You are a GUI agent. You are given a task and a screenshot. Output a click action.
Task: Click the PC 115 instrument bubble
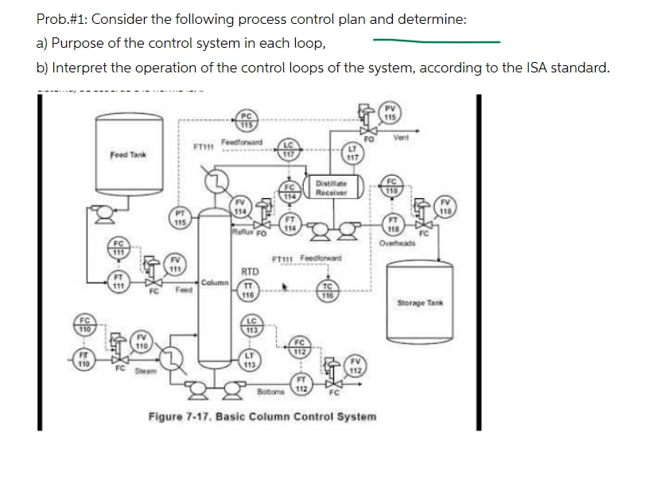tap(247, 120)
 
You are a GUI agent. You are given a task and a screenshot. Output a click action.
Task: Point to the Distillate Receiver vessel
tap(328, 188)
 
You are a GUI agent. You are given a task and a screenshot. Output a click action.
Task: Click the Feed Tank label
tap(128, 154)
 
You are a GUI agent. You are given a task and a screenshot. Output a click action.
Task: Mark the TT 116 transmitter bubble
tap(247, 290)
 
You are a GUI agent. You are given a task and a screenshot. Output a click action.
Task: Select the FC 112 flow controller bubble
tap(299, 348)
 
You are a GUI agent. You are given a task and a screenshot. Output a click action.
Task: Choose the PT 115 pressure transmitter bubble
tap(180, 218)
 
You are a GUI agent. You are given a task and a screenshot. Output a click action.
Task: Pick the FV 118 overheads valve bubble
tap(446, 207)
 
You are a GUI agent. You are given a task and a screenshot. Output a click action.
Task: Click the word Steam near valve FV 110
tap(144, 371)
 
